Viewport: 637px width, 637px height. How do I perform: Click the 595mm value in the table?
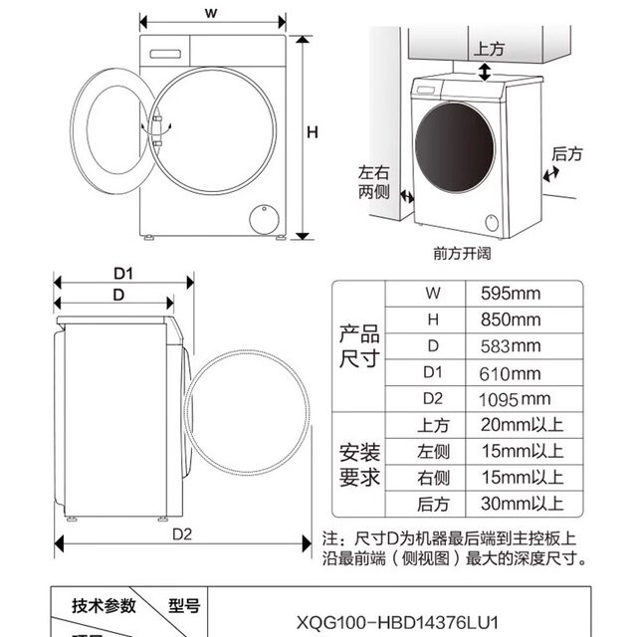click(510, 294)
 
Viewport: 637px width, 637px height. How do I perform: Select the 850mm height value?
click(510, 319)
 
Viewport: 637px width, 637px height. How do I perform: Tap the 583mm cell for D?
click(510, 346)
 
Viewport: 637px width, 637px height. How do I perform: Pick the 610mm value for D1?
click(510, 373)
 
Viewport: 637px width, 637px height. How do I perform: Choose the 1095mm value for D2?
click(514, 399)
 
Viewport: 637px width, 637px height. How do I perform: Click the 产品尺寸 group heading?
click(359, 345)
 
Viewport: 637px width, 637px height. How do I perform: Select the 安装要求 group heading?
click(359, 465)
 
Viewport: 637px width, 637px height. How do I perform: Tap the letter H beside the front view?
click(312, 132)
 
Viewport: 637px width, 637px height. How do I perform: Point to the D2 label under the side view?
click(181, 532)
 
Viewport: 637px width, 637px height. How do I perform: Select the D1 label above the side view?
click(122, 274)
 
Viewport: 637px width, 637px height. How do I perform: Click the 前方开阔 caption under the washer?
click(462, 253)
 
